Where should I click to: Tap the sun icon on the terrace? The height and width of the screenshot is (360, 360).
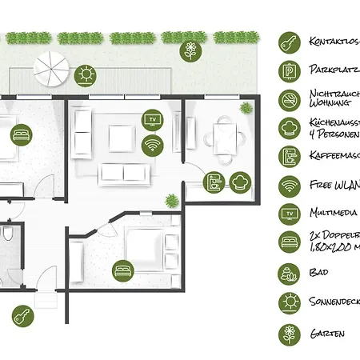click(86, 75)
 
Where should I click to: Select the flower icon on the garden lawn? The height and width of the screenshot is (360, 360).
click(190, 52)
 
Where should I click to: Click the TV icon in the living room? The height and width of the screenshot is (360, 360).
click(152, 120)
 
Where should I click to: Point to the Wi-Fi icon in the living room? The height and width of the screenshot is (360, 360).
click(152, 145)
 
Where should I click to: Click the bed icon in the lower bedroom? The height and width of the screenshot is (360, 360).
click(122, 272)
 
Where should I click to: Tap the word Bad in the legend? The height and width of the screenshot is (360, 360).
click(319, 272)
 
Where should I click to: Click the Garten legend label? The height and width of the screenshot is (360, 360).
click(328, 333)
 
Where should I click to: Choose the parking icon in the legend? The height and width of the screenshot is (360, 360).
click(289, 70)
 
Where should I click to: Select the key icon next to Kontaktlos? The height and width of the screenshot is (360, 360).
click(289, 41)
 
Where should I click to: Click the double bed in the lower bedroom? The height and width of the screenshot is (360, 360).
click(147, 247)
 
